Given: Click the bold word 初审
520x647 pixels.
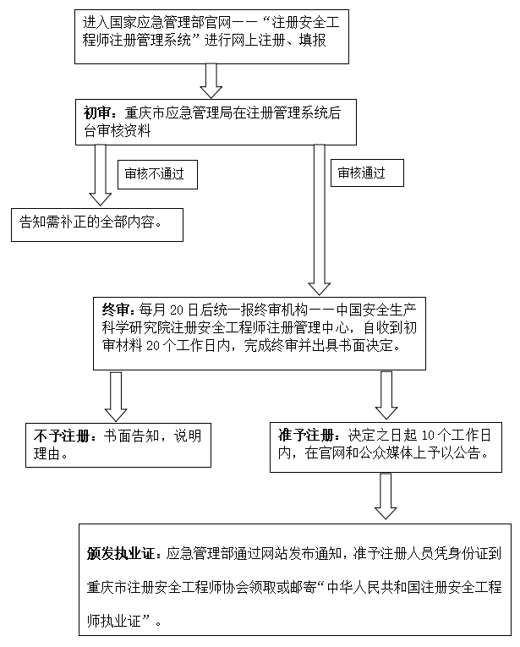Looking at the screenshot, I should click(x=97, y=111).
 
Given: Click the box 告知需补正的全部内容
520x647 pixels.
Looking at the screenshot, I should click(x=92, y=222).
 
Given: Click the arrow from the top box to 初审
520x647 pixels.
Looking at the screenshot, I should click(x=211, y=80).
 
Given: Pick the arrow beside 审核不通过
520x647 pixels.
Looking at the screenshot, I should click(x=100, y=174).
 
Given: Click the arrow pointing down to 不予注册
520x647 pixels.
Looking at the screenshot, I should click(x=116, y=398).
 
